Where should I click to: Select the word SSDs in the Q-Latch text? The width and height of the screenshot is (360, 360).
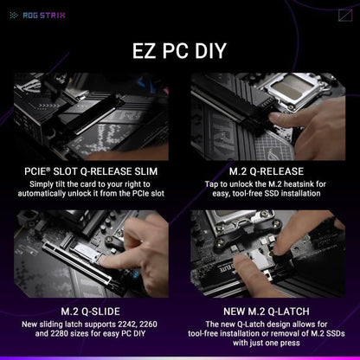point(331,334)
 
